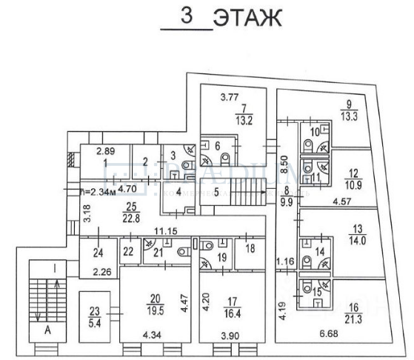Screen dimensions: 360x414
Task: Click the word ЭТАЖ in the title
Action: point(247,19)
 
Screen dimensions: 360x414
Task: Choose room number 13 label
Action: point(358,228)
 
